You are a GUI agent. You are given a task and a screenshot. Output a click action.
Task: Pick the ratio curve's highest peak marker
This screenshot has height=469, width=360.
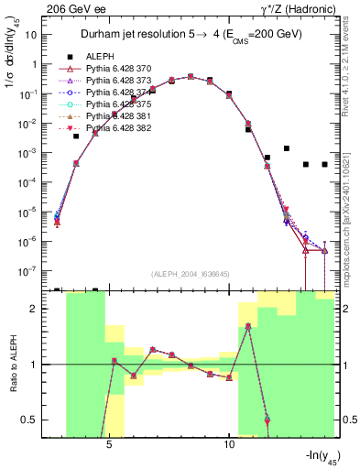(248, 326)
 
